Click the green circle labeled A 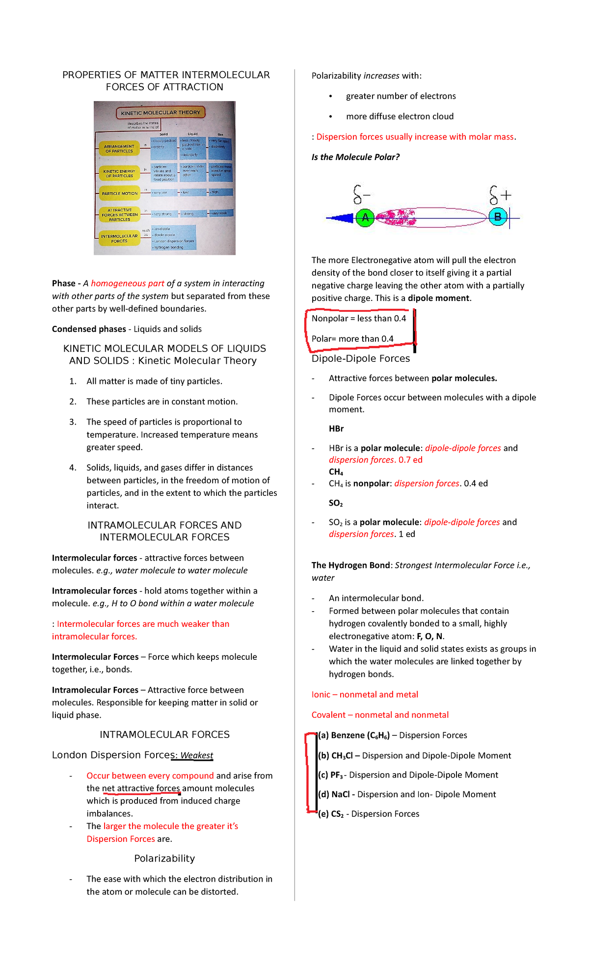pyautogui.click(x=365, y=217)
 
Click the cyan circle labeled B pyautogui.click(x=498, y=216)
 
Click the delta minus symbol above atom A pyautogui.click(x=361, y=194)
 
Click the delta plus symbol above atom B pyautogui.click(x=500, y=195)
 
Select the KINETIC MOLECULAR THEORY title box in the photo pyautogui.click(x=161, y=112)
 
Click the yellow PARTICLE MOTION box pyautogui.click(x=119, y=193)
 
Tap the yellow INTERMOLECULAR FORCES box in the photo pyautogui.click(x=119, y=239)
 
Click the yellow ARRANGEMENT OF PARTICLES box pyautogui.click(x=119, y=149)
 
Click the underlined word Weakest pyautogui.click(x=196, y=755)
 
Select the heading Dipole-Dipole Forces pyautogui.click(x=360, y=358)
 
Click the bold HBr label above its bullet pyautogui.click(x=336, y=429)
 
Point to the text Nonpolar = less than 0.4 pyautogui.click(x=359, y=318)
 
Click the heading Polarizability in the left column pyautogui.click(x=164, y=858)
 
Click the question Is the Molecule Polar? pyautogui.click(x=355, y=157)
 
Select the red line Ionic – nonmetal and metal pyautogui.click(x=365, y=694)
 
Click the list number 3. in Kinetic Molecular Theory pyautogui.click(x=73, y=422)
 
